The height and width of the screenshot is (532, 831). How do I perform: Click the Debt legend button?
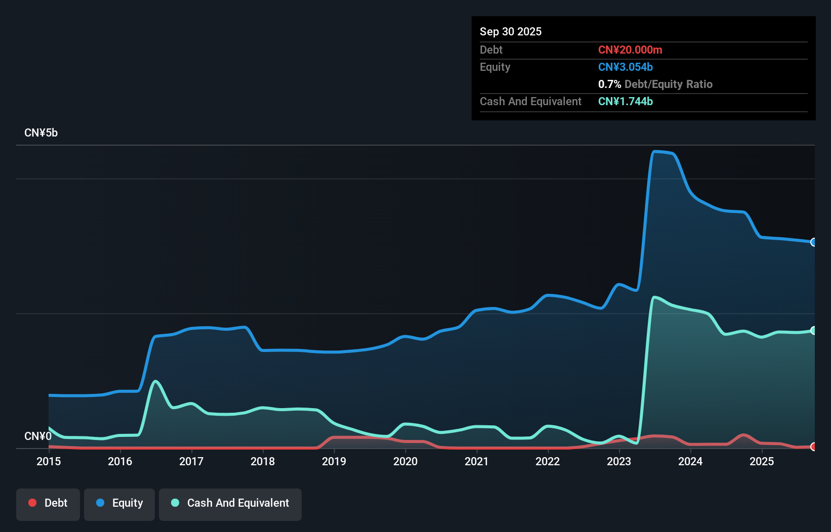[x=48, y=504]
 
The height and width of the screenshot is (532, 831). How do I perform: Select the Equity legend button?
[x=119, y=504]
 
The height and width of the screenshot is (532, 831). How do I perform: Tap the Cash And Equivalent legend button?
[x=230, y=504]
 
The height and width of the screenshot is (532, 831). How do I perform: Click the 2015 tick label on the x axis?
[x=49, y=461]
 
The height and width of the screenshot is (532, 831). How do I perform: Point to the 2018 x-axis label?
[x=263, y=461]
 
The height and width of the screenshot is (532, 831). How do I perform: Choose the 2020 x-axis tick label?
[x=405, y=461]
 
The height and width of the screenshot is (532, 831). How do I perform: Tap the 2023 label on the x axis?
[x=619, y=461]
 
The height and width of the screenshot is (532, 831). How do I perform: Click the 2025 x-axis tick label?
[x=762, y=461]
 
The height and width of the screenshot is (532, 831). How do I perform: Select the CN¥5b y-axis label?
[x=41, y=133]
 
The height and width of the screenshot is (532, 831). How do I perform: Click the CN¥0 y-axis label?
[x=38, y=436]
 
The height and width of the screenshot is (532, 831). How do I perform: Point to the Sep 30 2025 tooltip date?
[x=511, y=32]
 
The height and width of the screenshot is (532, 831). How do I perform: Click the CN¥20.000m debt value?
[x=630, y=50]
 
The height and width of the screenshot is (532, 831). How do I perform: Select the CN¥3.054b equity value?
[x=626, y=67]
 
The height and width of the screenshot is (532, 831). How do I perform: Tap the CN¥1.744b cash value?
[x=626, y=102]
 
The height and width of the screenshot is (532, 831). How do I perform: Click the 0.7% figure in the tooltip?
[x=609, y=84]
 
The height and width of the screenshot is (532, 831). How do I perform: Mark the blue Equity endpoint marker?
[x=813, y=242]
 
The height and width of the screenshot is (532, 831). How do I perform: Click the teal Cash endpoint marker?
[x=813, y=330]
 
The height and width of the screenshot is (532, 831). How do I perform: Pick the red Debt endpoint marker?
[x=813, y=447]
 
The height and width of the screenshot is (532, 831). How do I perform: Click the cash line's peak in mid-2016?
[x=155, y=381]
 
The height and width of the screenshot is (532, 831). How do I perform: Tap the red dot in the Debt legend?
[x=32, y=503]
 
